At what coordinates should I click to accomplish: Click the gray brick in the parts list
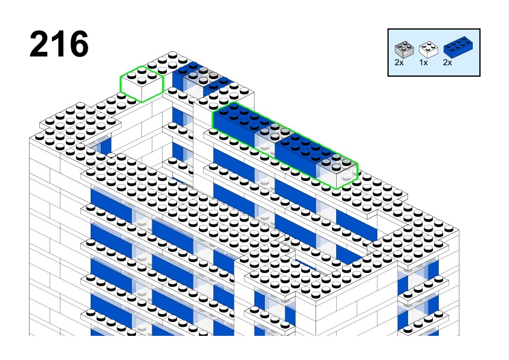pyautogui.click(x=404, y=50)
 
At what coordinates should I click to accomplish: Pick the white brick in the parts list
pyautogui.click(x=429, y=50)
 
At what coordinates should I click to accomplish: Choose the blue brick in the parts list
pyautogui.click(x=458, y=47)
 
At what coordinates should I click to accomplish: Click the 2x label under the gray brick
pyautogui.click(x=399, y=63)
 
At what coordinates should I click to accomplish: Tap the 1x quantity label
pyautogui.click(x=423, y=63)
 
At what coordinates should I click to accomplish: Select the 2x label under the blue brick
pyautogui.click(x=447, y=63)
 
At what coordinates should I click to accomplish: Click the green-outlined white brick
pyautogui.click(x=142, y=84)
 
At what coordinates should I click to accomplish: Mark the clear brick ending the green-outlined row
pyautogui.click(x=337, y=170)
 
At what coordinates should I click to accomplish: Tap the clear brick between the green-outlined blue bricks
pyautogui.click(x=270, y=138)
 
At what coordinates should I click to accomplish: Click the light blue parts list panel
pyautogui.click(x=434, y=53)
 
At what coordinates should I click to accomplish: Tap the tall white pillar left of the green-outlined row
pyautogui.click(x=203, y=146)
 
